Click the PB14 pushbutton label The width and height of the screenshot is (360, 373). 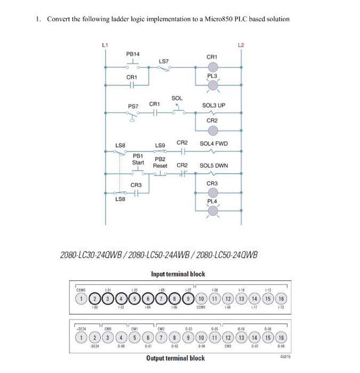(133, 54)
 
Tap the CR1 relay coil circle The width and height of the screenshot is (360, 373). (212, 67)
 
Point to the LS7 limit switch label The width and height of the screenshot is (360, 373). (164, 61)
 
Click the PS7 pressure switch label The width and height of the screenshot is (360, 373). (133, 107)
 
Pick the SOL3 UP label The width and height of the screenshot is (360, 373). (213, 106)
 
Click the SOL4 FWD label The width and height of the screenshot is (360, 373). (213, 144)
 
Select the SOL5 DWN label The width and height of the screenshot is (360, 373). (213, 166)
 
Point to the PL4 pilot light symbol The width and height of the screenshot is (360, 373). (212, 212)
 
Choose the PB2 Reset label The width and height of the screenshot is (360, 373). (160, 163)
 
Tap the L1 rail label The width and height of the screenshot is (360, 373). (104, 44)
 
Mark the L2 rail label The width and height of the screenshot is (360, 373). (242, 44)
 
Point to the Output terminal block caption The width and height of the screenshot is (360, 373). (175, 358)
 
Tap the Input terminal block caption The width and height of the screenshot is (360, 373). (178, 274)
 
